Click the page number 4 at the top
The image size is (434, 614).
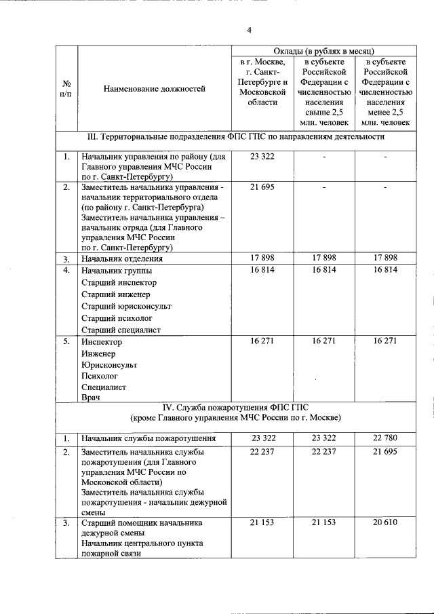click(249, 30)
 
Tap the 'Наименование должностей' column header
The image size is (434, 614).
click(154, 88)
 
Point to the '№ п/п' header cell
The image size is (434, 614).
click(66, 88)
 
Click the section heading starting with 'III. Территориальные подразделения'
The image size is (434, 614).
click(237, 136)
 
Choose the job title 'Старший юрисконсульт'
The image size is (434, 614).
click(126, 306)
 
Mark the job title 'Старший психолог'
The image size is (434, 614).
click(117, 318)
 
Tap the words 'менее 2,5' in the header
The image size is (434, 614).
click(385, 113)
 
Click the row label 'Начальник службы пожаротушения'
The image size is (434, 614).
click(149, 438)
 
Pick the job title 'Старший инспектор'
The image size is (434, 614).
click(119, 282)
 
